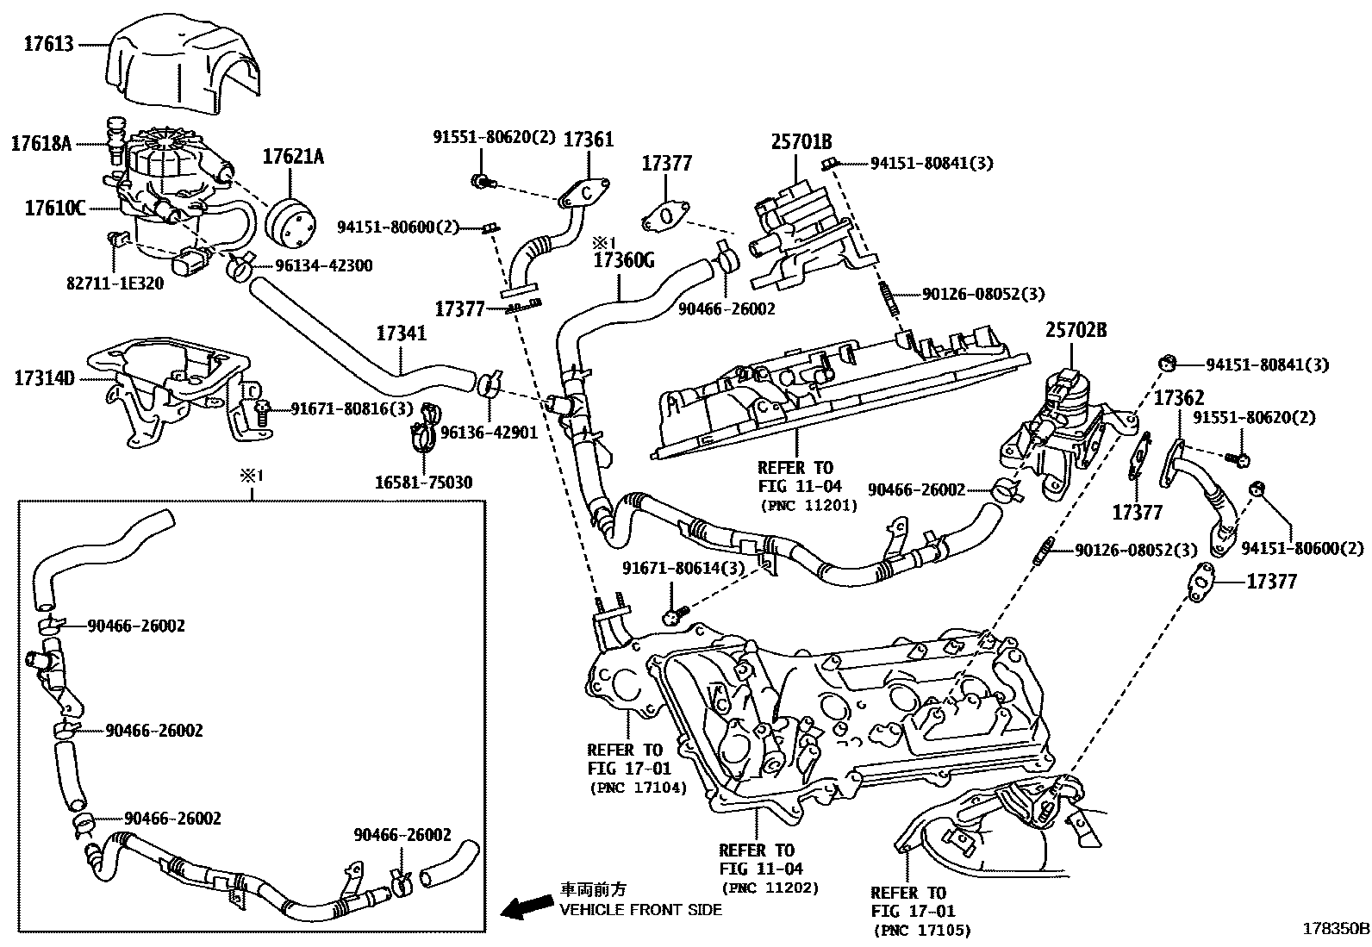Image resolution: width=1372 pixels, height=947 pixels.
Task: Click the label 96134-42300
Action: [x=324, y=266]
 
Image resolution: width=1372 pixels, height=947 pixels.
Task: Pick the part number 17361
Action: [x=589, y=140]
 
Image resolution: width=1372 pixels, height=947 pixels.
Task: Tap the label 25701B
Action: [x=801, y=141]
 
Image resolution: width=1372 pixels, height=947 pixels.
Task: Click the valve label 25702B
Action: [x=1076, y=329]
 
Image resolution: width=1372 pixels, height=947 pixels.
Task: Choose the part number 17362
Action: [x=1178, y=398]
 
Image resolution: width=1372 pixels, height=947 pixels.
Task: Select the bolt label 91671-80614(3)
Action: [x=683, y=569]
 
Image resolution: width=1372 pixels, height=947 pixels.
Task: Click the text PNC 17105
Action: [x=921, y=931]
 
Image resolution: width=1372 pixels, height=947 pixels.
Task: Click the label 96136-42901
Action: [x=489, y=433]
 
